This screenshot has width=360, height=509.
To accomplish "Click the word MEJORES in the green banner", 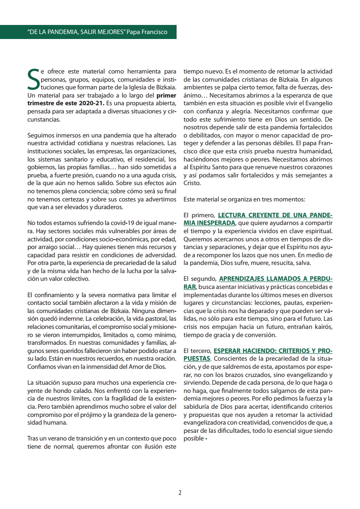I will point(103,32).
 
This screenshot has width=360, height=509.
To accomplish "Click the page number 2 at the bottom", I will point(180,493).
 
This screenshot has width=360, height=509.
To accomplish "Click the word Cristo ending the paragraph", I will point(192,183).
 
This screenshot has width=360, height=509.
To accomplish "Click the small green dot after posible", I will point(207,439).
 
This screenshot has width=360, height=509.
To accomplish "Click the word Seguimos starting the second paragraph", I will point(40,135).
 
